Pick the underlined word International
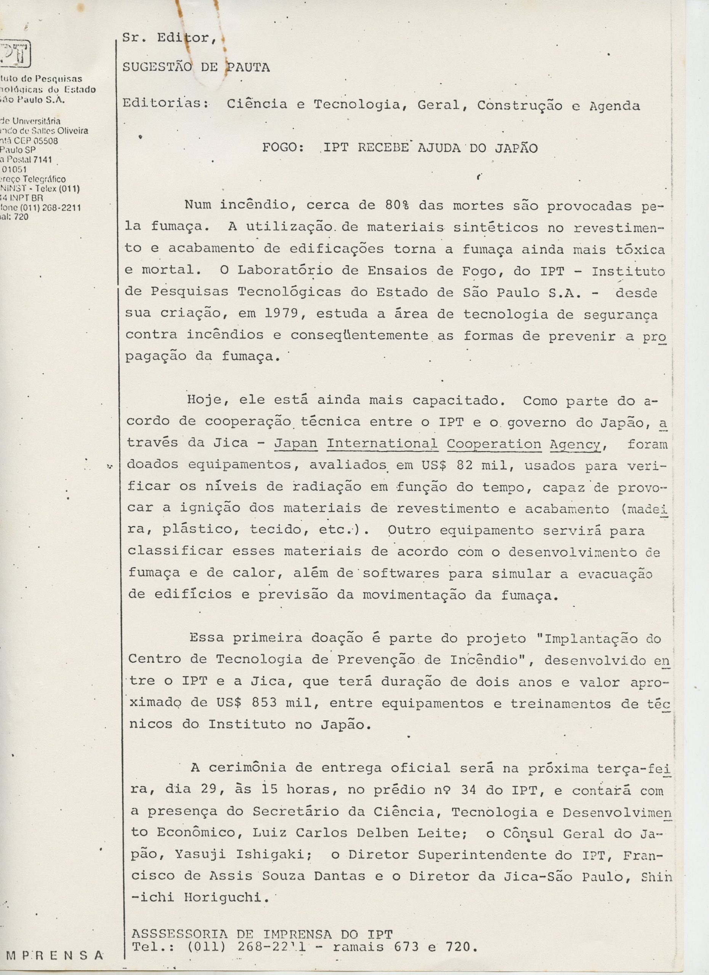click(382, 444)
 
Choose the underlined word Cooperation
click(494, 444)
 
